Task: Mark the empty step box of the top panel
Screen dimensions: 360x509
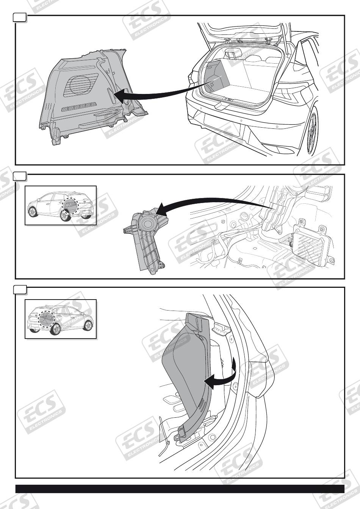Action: coord(20,18)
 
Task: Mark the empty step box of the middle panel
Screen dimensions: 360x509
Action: coord(20,176)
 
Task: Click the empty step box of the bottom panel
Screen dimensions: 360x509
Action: coord(20,290)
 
